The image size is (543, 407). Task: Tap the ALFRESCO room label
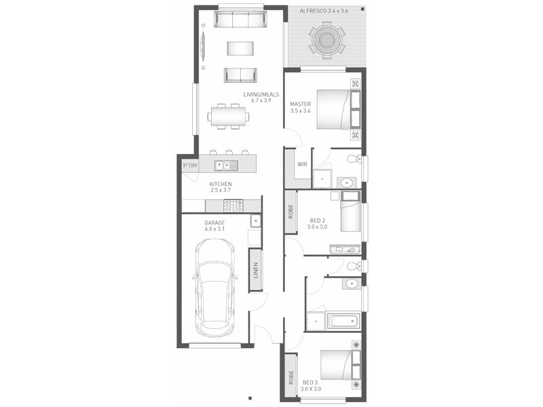click(x=323, y=12)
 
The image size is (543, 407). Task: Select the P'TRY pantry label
click(x=189, y=165)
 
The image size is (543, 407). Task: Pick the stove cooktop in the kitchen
click(x=233, y=205)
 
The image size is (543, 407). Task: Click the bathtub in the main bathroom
click(x=343, y=320)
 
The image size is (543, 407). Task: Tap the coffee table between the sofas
click(x=240, y=47)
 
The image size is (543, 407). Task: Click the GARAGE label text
click(x=214, y=222)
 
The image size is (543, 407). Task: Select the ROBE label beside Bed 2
click(x=291, y=212)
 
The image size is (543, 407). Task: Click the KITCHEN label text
click(x=220, y=184)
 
